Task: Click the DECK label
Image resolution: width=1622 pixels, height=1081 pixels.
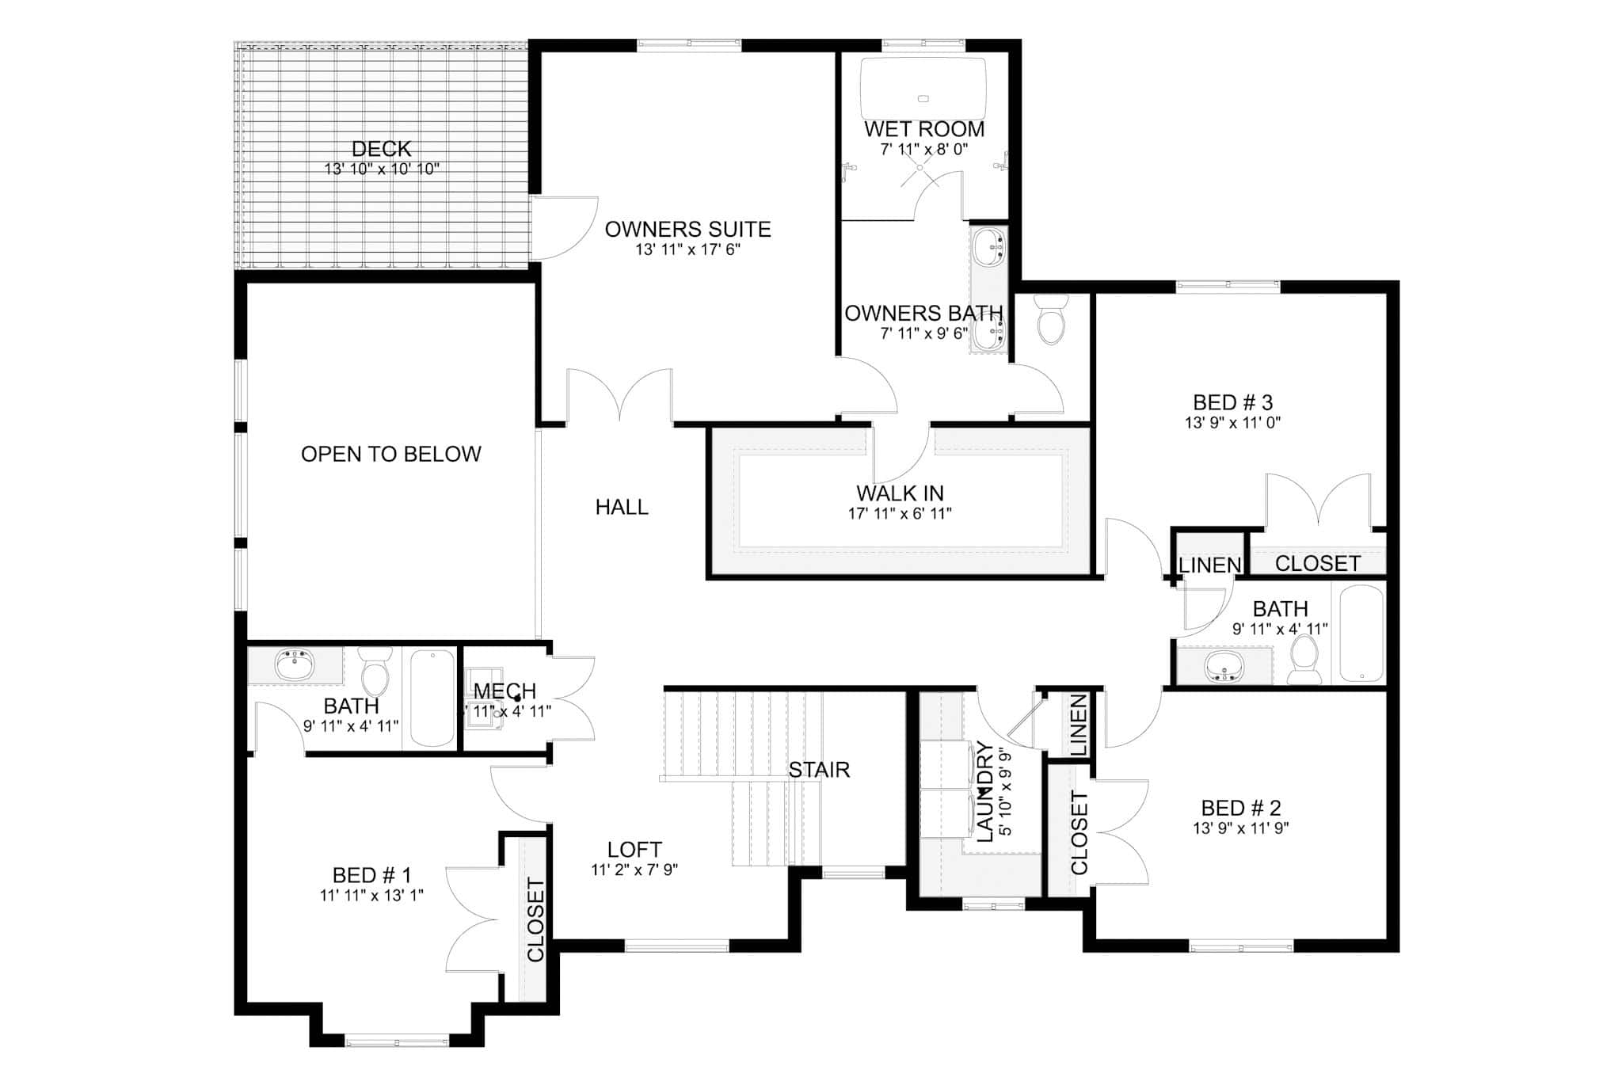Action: pos(381,149)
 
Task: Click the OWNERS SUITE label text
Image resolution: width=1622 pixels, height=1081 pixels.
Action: pos(687,230)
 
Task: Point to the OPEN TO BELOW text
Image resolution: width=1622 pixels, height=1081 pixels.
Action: pos(390,454)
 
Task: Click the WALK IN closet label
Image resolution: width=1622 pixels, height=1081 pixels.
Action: pos(900,493)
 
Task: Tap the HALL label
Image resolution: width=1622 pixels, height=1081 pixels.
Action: pos(622,507)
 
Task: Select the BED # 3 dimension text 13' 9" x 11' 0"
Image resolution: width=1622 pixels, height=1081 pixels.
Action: pos(1232,423)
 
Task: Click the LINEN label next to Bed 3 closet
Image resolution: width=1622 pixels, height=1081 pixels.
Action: pos(1209,565)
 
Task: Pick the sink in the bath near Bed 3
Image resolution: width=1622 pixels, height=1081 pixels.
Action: pos(1224,666)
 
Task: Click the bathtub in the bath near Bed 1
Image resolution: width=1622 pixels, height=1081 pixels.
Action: pos(432,698)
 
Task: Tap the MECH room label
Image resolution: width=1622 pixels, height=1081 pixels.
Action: pos(504,691)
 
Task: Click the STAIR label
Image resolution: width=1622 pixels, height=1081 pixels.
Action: pos(819,770)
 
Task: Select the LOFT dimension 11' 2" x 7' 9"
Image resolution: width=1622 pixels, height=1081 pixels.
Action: pos(634,870)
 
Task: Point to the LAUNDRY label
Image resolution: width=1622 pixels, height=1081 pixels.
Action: pos(984,792)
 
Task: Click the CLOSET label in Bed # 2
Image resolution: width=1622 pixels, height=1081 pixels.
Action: pos(1079,832)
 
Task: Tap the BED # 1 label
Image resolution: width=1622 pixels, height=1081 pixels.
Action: pos(371,875)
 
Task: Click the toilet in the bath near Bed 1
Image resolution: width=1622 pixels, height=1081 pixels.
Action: pos(375,674)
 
